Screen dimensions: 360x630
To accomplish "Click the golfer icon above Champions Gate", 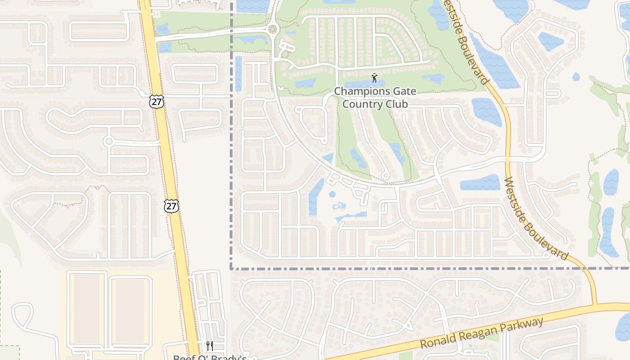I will [x=374, y=77].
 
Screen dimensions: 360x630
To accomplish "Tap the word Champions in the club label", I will [x=358, y=91].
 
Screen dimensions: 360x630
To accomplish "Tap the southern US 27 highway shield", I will [x=171, y=206].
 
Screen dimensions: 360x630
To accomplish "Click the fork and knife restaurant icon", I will [x=210, y=346].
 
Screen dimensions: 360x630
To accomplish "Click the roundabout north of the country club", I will [x=272, y=30].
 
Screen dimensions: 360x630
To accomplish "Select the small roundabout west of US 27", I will [x=108, y=141].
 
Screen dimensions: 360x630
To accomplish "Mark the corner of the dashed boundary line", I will [x=232, y=269].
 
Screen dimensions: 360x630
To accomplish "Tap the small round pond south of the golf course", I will [x=332, y=194].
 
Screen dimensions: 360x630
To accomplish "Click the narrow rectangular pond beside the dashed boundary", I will [x=238, y=74].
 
